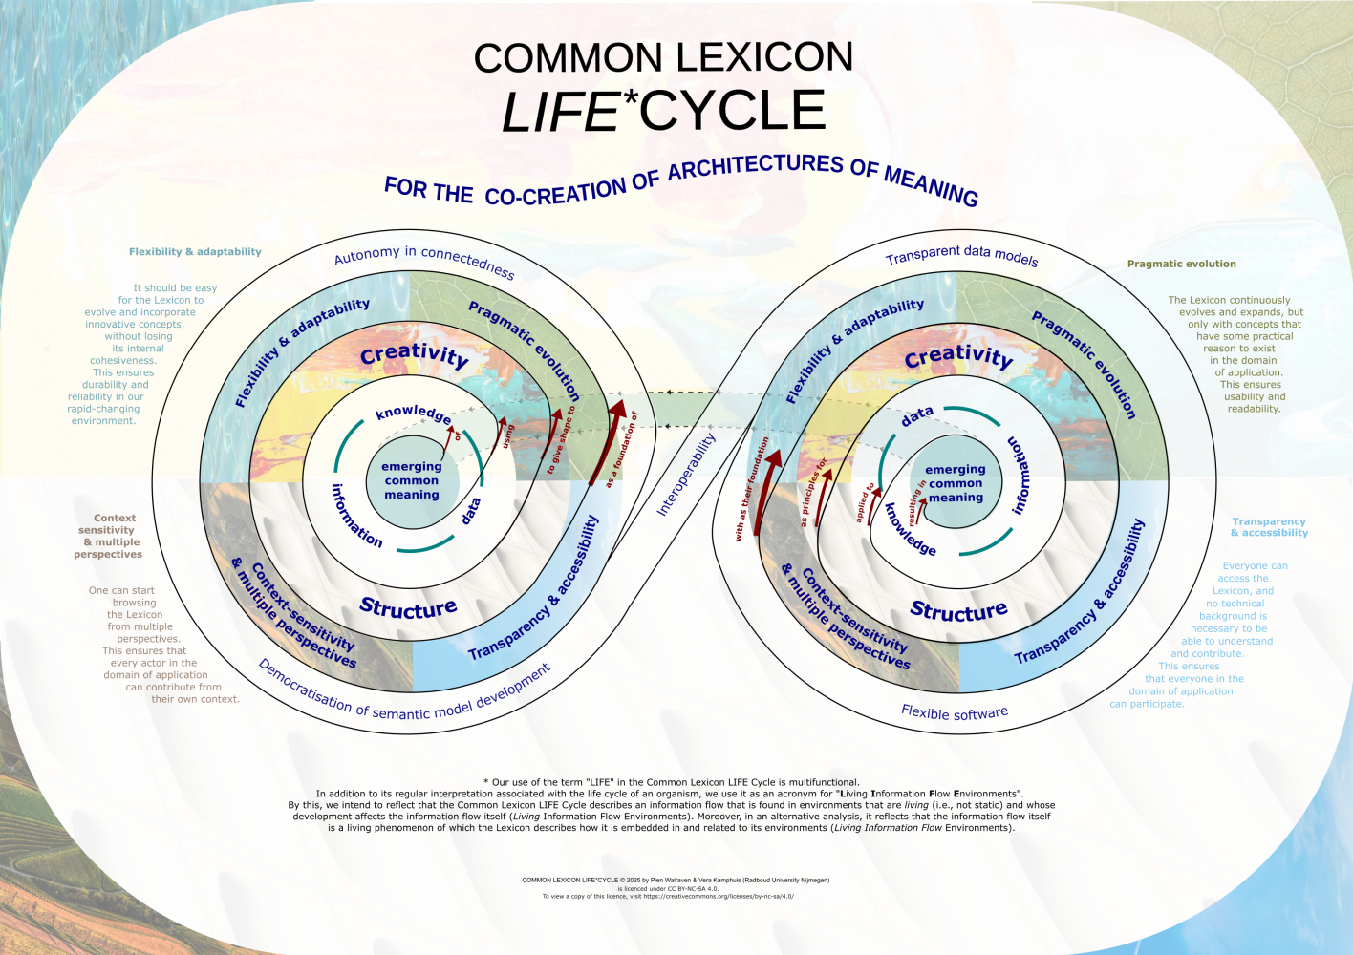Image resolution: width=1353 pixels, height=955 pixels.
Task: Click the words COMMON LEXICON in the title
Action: tap(663, 58)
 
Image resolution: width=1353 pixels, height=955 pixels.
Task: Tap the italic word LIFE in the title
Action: tap(561, 113)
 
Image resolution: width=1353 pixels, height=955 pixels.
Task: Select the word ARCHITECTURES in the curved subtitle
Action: tap(755, 166)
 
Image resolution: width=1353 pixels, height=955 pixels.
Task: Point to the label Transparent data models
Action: tap(961, 254)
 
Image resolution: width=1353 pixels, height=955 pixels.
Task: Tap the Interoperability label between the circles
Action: tap(686, 475)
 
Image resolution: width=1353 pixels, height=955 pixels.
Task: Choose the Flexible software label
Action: tap(955, 712)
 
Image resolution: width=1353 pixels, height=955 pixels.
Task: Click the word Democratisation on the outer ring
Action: tap(305, 686)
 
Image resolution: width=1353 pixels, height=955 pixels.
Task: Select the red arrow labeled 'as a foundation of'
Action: tap(607, 443)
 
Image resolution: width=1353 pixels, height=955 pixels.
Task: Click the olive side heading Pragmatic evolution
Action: tap(1181, 264)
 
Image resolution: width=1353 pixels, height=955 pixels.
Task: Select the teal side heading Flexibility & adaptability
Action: tap(195, 252)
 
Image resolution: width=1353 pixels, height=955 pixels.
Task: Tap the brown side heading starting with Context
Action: tap(109, 536)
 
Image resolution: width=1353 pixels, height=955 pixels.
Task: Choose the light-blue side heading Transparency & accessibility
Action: tap(1269, 527)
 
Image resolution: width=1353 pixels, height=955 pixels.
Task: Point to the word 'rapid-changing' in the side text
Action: tap(103, 409)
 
